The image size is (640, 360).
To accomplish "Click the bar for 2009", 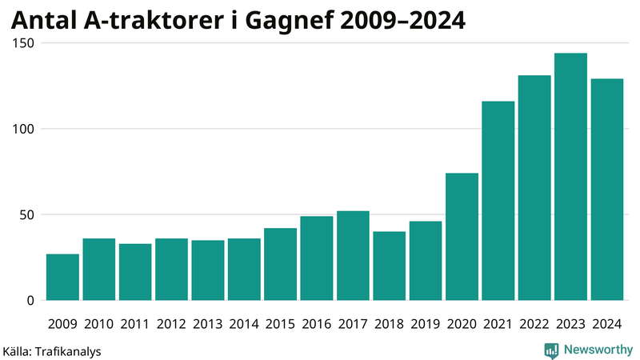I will (x=62, y=277).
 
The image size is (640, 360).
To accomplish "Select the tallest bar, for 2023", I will (x=570, y=177).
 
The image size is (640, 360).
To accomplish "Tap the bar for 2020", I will (x=462, y=237).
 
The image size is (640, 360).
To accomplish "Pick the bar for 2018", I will (x=389, y=266).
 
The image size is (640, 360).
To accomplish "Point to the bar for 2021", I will (x=498, y=201).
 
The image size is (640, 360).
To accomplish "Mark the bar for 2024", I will (x=606, y=190).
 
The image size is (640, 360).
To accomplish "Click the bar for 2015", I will (x=280, y=264).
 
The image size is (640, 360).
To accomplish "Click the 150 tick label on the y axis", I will (x=23, y=43).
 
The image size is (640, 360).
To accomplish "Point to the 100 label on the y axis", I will (x=23, y=129).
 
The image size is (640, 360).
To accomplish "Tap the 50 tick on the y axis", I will (x=26, y=215).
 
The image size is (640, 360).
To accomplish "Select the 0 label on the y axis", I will (x=30, y=301).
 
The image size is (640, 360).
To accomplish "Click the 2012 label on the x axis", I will (x=171, y=324).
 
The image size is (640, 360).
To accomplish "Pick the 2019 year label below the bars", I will (x=426, y=324).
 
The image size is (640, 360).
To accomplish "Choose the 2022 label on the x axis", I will (x=534, y=324).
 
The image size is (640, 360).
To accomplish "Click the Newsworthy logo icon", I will (x=551, y=350).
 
